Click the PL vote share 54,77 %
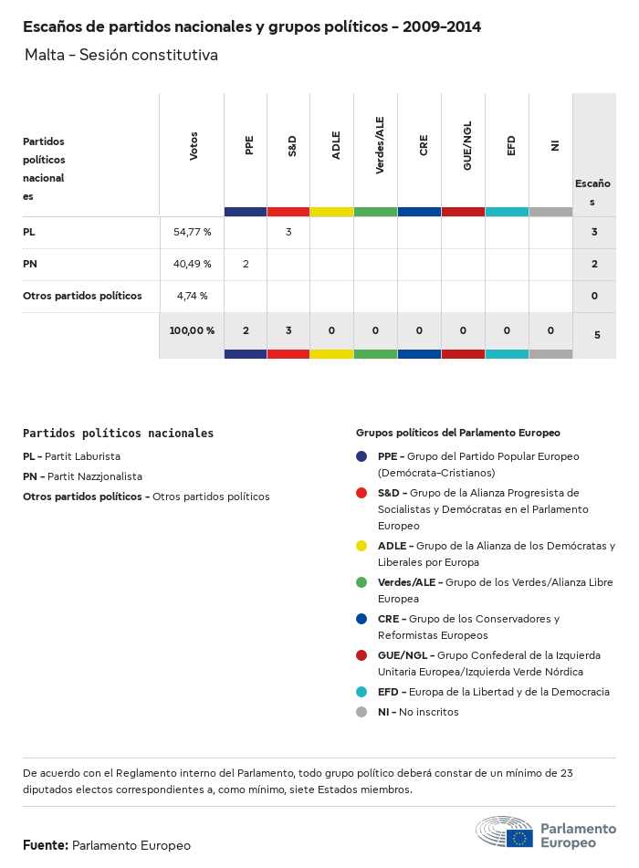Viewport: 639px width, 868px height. click(192, 232)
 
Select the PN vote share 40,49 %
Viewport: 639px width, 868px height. click(192, 264)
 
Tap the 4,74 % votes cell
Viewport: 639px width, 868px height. click(192, 296)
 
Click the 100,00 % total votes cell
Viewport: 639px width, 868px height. click(192, 330)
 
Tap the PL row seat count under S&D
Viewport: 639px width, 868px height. click(288, 232)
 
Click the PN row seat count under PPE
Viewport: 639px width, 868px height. click(246, 264)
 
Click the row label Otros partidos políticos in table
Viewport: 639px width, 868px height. click(82, 296)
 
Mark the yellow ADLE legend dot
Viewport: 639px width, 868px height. click(361, 546)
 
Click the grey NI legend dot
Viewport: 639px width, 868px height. click(361, 712)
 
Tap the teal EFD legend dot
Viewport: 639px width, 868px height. click(361, 692)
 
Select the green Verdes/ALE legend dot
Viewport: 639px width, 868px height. click(361, 582)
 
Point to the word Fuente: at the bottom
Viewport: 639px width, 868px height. click(46, 845)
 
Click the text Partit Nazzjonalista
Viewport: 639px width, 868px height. click(95, 476)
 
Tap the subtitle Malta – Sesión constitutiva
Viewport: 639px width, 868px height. click(121, 55)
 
